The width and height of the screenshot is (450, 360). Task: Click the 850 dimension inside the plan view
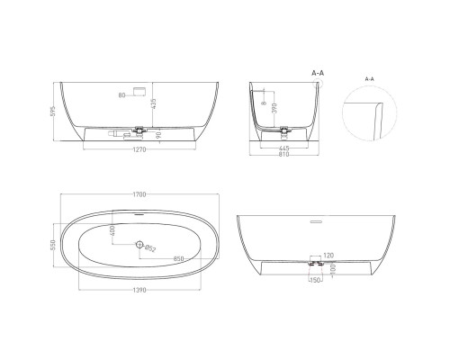180,260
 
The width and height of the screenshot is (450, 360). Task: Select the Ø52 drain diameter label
151,248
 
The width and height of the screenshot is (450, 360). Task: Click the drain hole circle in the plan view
139,245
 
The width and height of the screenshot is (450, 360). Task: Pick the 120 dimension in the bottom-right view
328,256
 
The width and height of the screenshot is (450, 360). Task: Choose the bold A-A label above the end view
317,72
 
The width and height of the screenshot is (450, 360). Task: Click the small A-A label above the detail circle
368,79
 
